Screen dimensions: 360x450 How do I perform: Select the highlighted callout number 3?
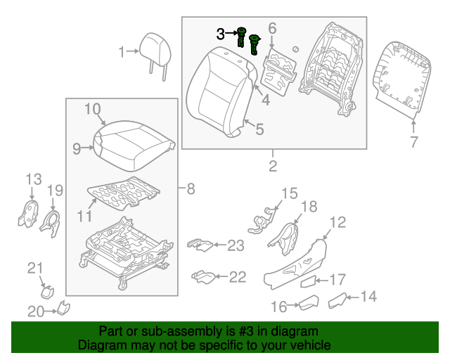pyautogui.click(x=221, y=33)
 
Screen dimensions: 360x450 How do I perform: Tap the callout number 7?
pyautogui.click(x=414, y=142)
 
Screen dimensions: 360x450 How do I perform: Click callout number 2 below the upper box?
pyautogui.click(x=272, y=167)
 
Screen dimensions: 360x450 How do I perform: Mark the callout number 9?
pyautogui.click(x=77, y=148)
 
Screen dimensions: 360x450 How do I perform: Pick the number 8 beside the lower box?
pyautogui.click(x=191, y=188)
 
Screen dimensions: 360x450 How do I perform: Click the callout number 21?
pyautogui.click(x=35, y=266)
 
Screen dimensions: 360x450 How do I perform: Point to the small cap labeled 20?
pyautogui.click(x=63, y=307)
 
